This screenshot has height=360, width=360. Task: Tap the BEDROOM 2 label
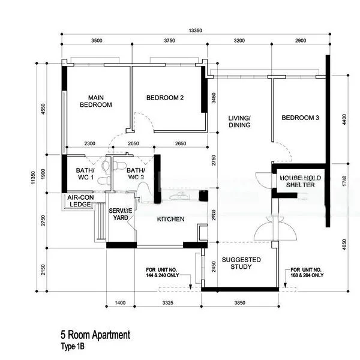coord(165,98)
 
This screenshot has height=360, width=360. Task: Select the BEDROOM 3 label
coord(300,118)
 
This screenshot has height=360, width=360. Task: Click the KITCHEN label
coord(170,220)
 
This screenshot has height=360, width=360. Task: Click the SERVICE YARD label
coord(121,214)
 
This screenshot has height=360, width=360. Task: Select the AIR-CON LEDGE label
coord(79,201)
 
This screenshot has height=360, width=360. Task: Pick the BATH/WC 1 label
coord(84,174)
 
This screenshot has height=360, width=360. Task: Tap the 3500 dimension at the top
coord(97,41)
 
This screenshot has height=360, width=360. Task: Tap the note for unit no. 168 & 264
coord(307,273)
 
